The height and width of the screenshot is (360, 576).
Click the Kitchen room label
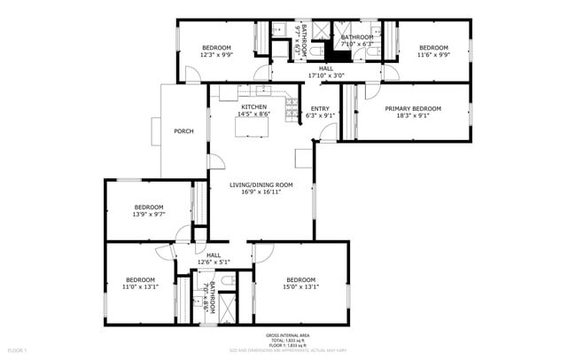[253, 106]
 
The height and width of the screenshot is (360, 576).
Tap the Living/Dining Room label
[261, 184]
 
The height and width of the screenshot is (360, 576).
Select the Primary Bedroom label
[412, 108]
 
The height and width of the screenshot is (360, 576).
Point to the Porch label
[183, 131]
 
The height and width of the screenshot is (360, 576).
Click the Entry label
[319, 107]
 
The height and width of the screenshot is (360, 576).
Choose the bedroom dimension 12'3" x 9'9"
[216, 55]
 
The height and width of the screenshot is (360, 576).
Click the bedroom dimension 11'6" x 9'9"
[432, 55]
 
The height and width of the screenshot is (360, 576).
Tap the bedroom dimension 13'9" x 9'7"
[149, 215]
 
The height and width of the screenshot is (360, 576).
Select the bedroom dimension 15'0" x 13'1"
[300, 286]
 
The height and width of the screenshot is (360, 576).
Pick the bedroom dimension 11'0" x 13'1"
[139, 286]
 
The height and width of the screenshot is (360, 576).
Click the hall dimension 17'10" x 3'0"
[325, 75]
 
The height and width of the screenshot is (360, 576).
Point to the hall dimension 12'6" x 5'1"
[214, 262]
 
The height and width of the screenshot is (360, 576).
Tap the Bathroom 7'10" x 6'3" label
[356, 36]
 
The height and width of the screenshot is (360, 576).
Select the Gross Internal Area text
[288, 335]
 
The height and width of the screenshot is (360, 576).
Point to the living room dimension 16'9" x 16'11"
[261, 192]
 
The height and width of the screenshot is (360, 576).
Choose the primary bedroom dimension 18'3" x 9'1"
[412, 115]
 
